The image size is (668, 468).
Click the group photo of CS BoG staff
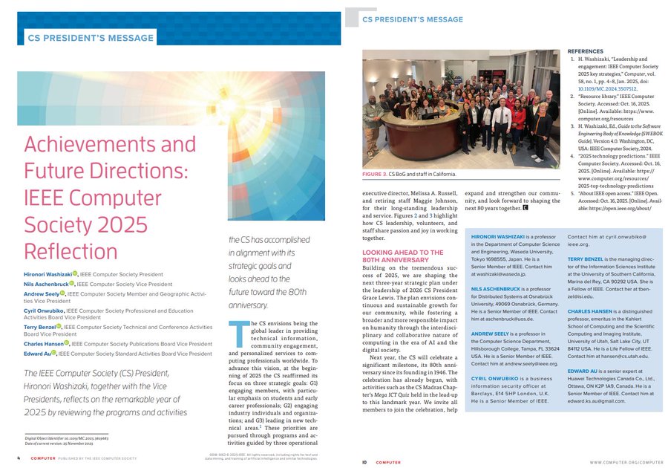pos(460,108)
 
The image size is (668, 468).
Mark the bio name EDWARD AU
pos(584,370)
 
